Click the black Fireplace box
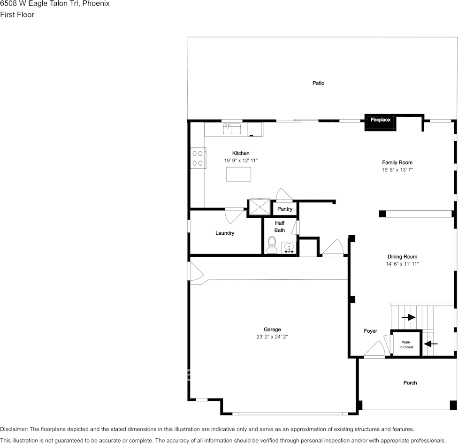[x=380, y=122]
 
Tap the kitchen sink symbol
[x=232, y=129]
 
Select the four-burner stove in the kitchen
[x=198, y=158]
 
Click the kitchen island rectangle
[x=238, y=174]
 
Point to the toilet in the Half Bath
[x=272, y=245]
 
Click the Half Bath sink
[x=289, y=248]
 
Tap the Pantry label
[x=285, y=209]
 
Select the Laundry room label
[x=225, y=233]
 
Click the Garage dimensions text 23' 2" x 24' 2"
[x=272, y=337]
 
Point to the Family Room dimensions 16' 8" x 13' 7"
[x=397, y=170]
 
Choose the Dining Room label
[x=402, y=256]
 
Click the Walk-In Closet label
[x=406, y=344]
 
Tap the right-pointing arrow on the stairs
[x=409, y=317]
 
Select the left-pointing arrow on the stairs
[x=430, y=344]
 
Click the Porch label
[x=410, y=383]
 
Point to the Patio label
[x=318, y=83]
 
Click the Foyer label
[x=370, y=331]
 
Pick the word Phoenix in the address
[x=96, y=3]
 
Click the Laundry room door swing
[x=234, y=215]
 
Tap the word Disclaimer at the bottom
[x=14, y=429]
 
